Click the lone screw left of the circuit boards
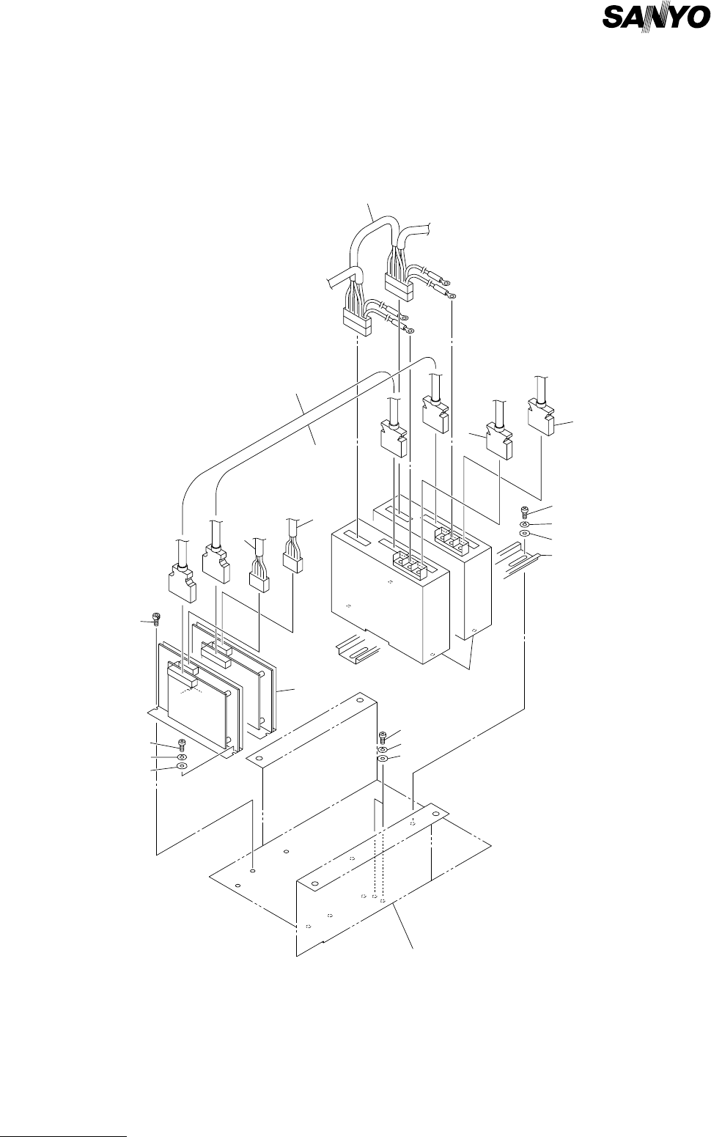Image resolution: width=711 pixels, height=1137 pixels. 155,619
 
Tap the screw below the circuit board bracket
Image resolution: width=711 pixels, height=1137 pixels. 182,745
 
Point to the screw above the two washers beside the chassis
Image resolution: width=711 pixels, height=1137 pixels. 382,737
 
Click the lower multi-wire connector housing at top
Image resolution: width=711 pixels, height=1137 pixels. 357,320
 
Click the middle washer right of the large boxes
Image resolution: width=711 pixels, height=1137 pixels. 526,525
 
